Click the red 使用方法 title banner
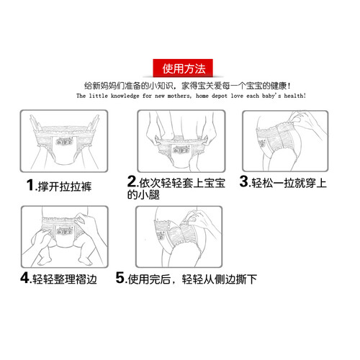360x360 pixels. (x=183, y=68)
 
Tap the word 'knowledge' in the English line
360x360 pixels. (x=125, y=96)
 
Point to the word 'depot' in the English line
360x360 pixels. (x=220, y=96)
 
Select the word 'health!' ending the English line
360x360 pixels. (x=295, y=96)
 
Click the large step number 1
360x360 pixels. (x=30, y=186)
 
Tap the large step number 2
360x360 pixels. (x=132, y=181)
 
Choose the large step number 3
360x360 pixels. (x=244, y=181)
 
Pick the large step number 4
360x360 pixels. (x=24, y=278)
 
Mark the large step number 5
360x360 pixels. (x=120, y=278)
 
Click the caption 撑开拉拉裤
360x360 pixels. (x=64, y=186)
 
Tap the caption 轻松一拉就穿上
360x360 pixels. (x=289, y=183)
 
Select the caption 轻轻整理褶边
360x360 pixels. (x=65, y=279)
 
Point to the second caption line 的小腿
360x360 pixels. (x=143, y=194)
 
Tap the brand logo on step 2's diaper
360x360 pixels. (x=181, y=150)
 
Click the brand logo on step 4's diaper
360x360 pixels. (x=65, y=231)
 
